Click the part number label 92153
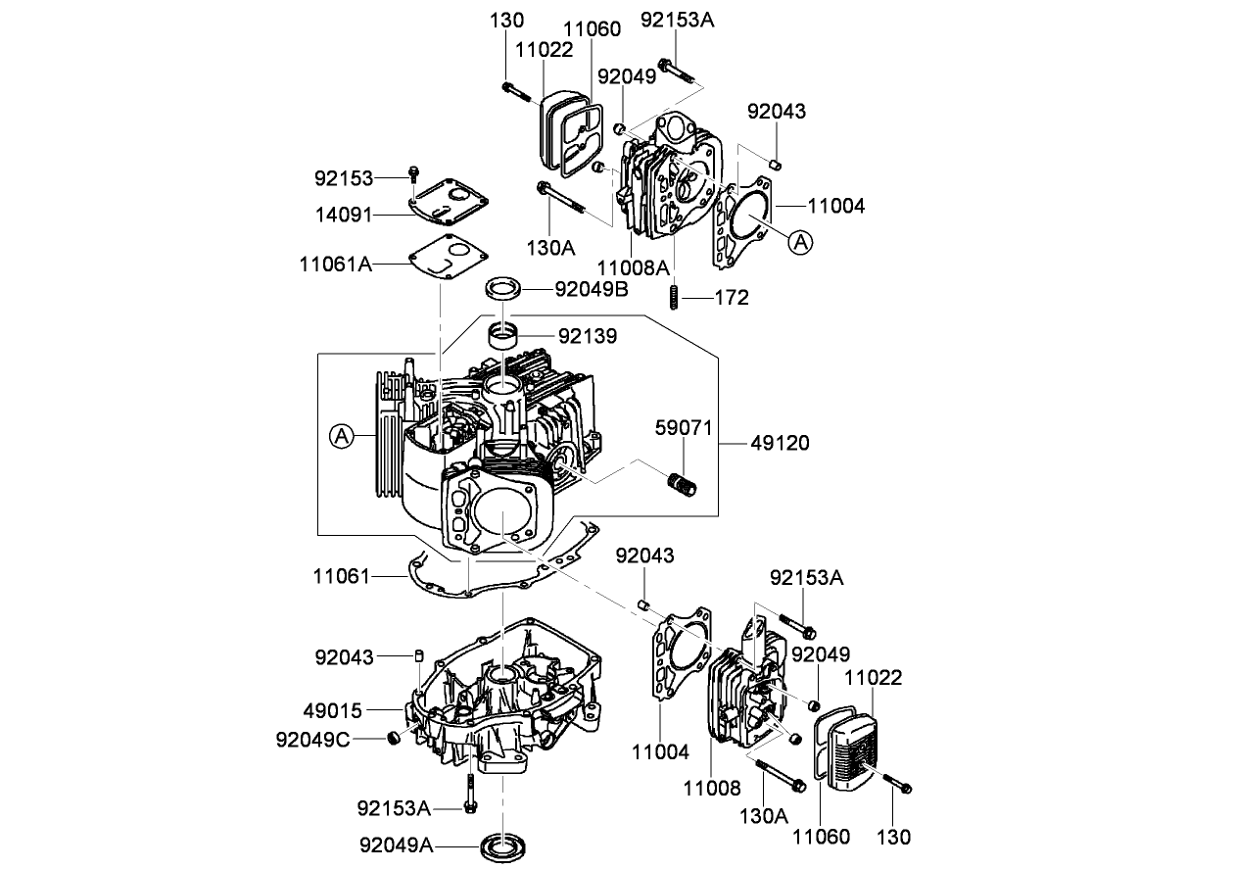pyautogui.click(x=344, y=178)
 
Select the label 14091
pyautogui.click(x=344, y=213)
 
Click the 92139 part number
pyautogui.click(x=588, y=336)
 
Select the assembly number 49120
pyautogui.click(x=780, y=443)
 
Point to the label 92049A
pyautogui.click(x=396, y=844)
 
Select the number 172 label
pyautogui.click(x=732, y=297)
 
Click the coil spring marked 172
pyautogui.click(x=674, y=296)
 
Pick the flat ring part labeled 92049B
pyautogui.click(x=503, y=289)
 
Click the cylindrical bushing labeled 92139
pyautogui.click(x=503, y=339)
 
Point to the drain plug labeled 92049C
pyautogui.click(x=393, y=738)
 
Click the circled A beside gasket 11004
pyautogui.click(x=801, y=241)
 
